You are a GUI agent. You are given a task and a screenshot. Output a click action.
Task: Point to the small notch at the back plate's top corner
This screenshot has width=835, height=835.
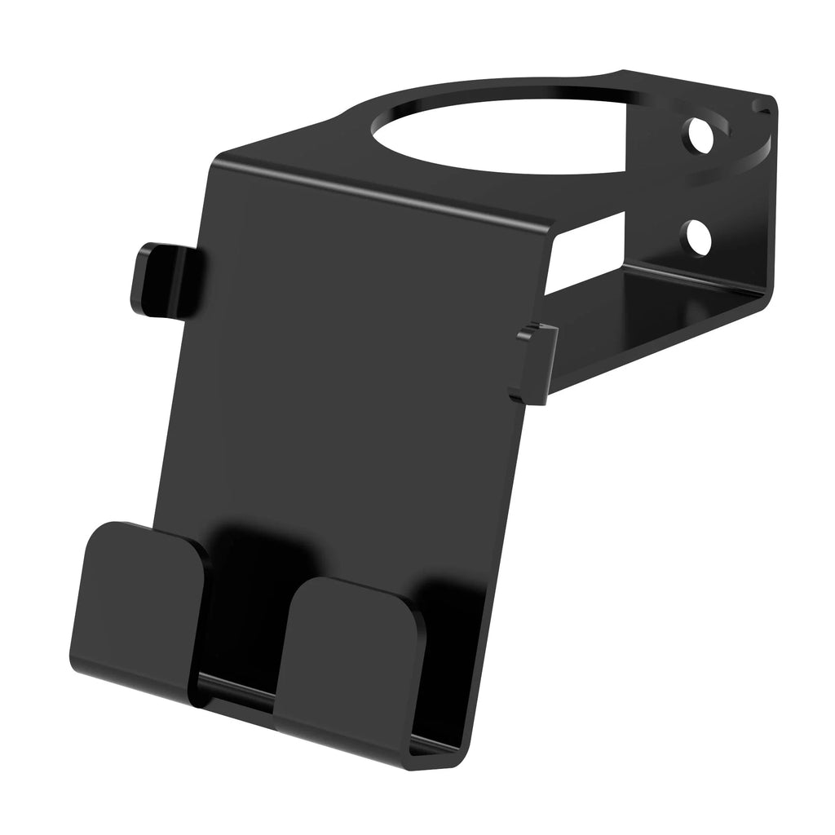tap(764, 105)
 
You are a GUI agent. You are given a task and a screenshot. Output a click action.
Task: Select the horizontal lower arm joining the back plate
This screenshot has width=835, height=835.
tap(652, 326)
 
